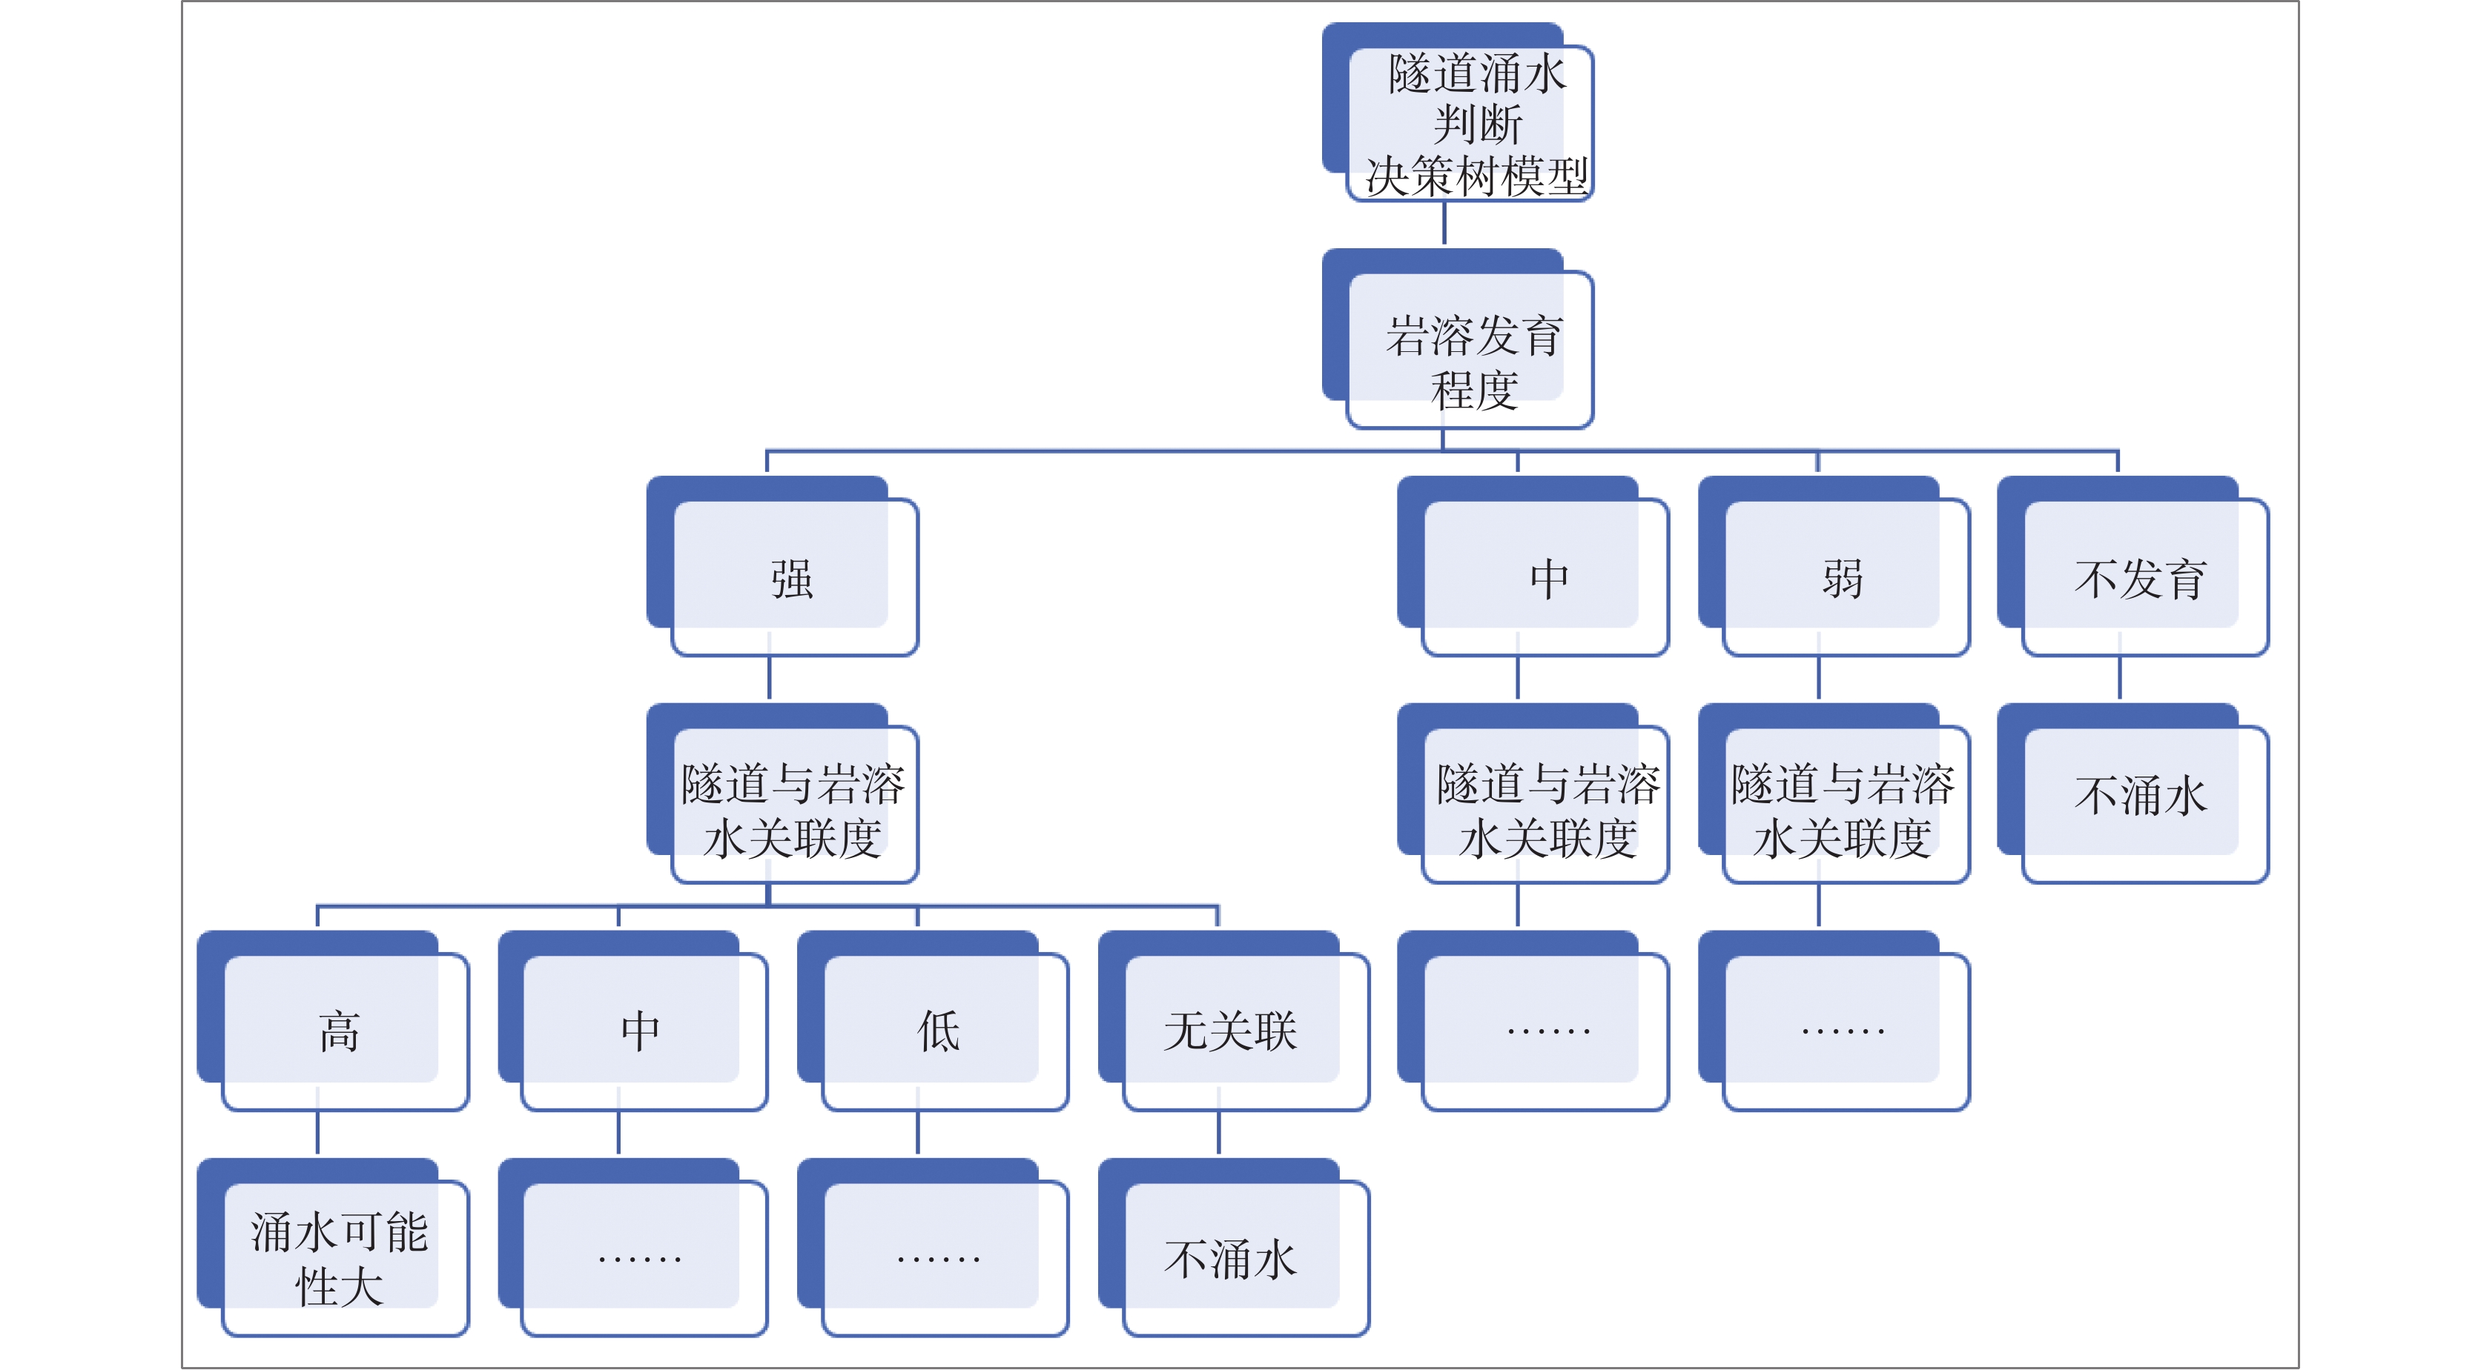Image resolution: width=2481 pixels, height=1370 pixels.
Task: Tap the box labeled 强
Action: [782, 566]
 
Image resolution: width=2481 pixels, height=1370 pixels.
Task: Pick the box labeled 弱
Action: [1834, 566]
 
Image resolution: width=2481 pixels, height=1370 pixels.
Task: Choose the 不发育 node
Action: [2133, 566]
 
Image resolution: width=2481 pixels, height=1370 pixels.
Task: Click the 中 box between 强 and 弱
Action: [1533, 566]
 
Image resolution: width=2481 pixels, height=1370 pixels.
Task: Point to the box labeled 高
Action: [333, 1020]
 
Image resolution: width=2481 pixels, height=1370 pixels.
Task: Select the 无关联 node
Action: [1234, 1020]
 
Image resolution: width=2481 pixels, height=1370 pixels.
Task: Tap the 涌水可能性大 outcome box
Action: [333, 1248]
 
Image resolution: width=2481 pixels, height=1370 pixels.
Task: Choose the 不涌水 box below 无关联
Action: [1234, 1248]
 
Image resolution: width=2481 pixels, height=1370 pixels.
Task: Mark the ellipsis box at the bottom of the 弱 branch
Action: [1834, 1020]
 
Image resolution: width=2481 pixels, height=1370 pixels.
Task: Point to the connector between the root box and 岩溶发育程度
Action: [1444, 223]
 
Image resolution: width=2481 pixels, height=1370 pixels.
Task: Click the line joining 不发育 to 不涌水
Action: [2119, 678]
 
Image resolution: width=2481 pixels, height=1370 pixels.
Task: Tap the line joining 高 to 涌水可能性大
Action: [318, 1133]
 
